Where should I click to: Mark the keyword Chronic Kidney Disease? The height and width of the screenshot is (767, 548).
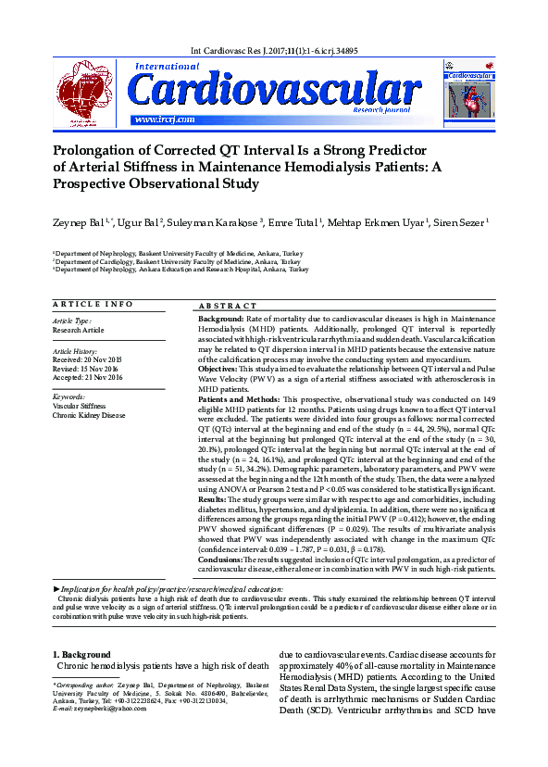[89, 415]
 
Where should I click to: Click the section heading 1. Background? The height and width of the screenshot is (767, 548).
[81, 655]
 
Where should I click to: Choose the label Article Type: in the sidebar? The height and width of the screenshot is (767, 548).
[72, 321]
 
